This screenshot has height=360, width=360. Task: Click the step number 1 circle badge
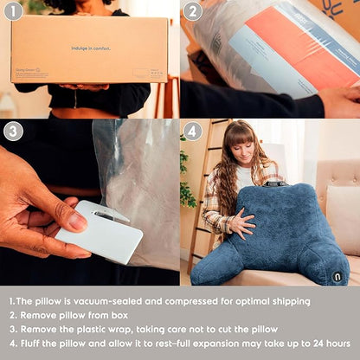click(x=12, y=12)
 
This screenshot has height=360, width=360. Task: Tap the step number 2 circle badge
click(x=193, y=12)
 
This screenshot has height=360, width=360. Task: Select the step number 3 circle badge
click(x=12, y=132)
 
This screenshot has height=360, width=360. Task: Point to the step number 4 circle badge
click(x=193, y=132)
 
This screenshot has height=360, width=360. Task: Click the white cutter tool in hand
click(x=99, y=231)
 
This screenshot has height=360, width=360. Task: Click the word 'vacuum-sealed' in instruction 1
click(x=103, y=301)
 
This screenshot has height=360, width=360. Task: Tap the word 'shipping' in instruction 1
click(x=286, y=301)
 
